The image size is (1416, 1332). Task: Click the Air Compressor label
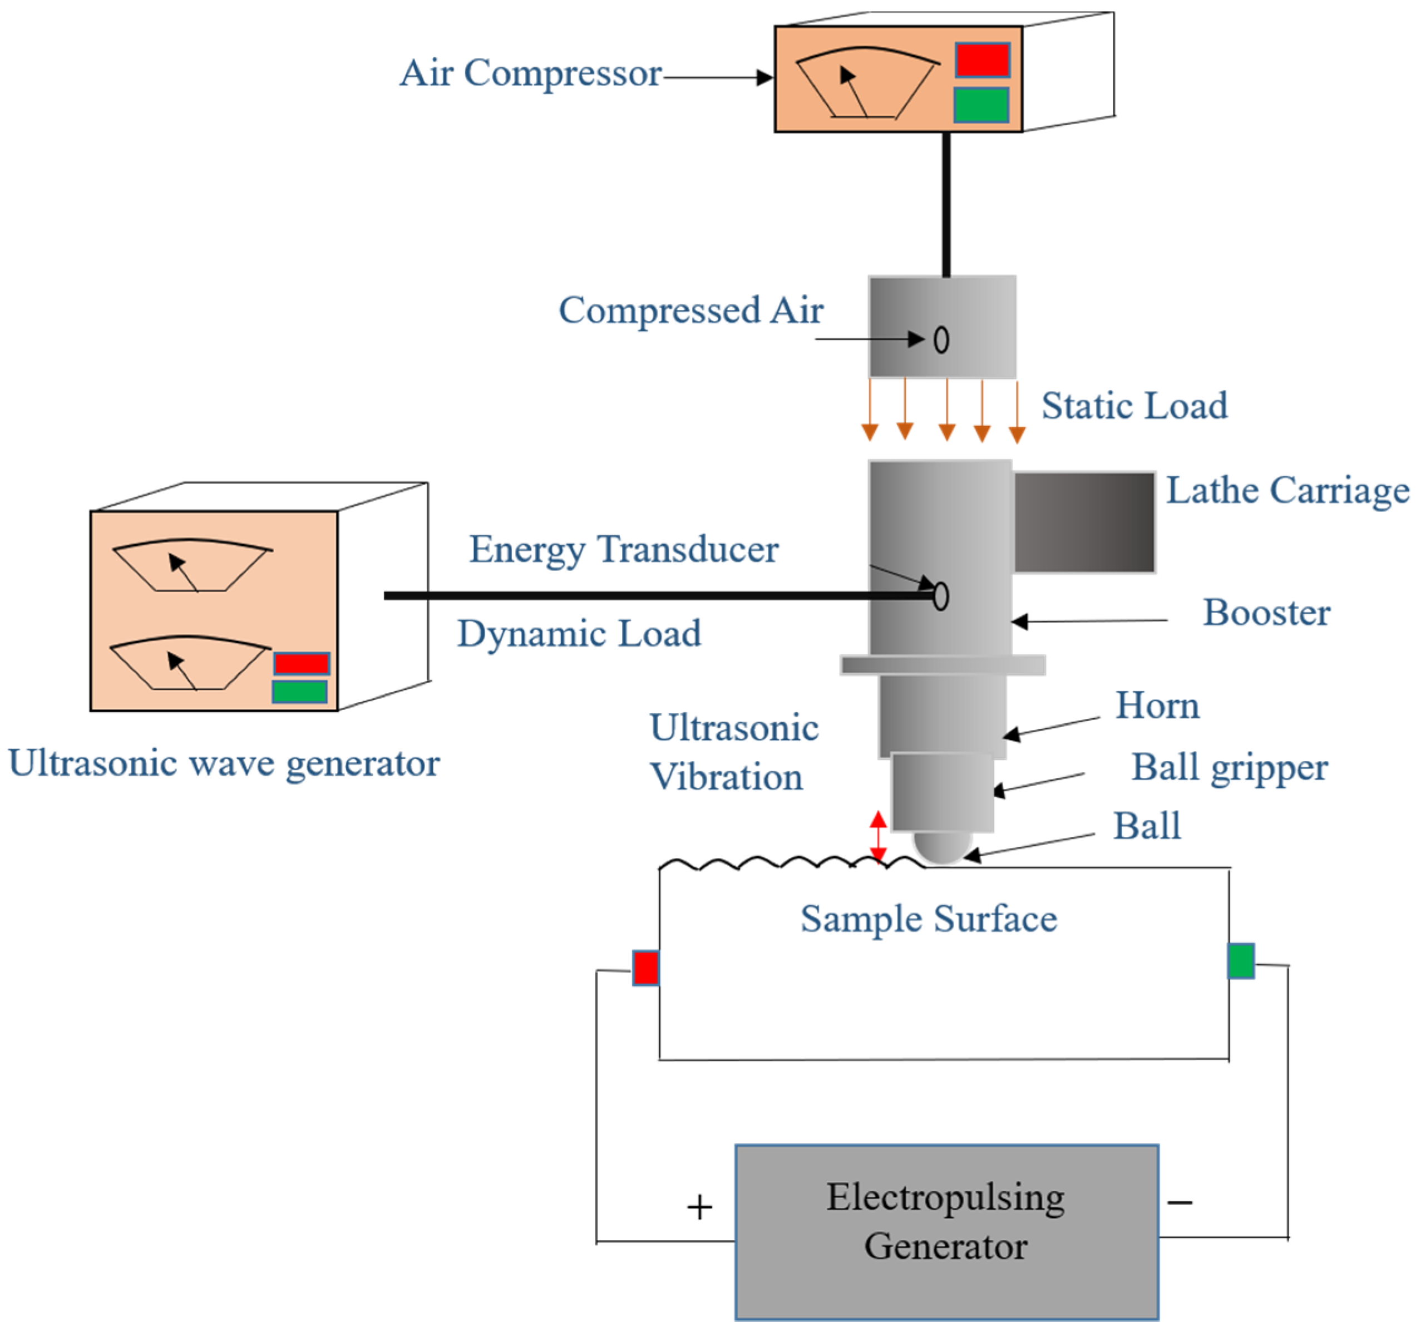[x=531, y=73]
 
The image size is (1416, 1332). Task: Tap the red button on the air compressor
[x=982, y=61]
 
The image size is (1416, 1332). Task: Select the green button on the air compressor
[x=981, y=105]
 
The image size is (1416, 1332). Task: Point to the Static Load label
[x=1134, y=406]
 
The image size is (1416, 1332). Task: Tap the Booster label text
[x=1266, y=613]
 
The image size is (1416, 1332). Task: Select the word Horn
[x=1157, y=706]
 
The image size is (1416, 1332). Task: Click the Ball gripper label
[x=1230, y=768]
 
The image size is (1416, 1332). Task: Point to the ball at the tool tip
[x=941, y=847]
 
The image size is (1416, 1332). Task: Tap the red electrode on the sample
[x=645, y=968]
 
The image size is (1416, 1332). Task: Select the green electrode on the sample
[x=1241, y=961]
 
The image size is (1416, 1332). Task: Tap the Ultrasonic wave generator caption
[x=224, y=763]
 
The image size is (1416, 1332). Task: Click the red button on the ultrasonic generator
[x=302, y=664]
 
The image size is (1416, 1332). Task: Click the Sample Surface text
[x=929, y=919]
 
